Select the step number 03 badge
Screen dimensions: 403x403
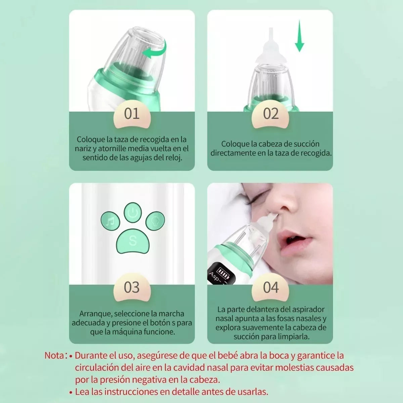click(132, 287)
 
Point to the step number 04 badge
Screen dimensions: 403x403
click(271, 287)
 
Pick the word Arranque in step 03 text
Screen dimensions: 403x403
click(95, 314)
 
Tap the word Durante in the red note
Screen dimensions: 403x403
click(88, 356)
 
